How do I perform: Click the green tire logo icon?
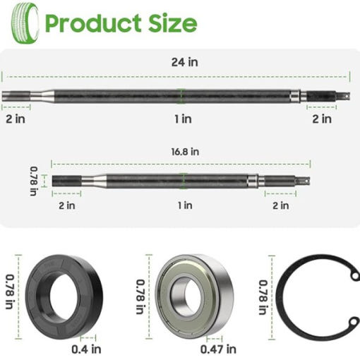tap(25, 23)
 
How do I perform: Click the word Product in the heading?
tap(93, 23)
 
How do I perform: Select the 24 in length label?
tap(185, 62)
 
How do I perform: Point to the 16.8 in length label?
tap(185, 152)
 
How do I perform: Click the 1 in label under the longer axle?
tap(183, 119)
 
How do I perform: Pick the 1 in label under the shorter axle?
tap(185, 205)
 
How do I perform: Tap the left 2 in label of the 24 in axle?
tap(16, 119)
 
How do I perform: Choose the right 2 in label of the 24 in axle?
tap(322, 119)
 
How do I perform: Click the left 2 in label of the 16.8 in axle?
tap(67, 205)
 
